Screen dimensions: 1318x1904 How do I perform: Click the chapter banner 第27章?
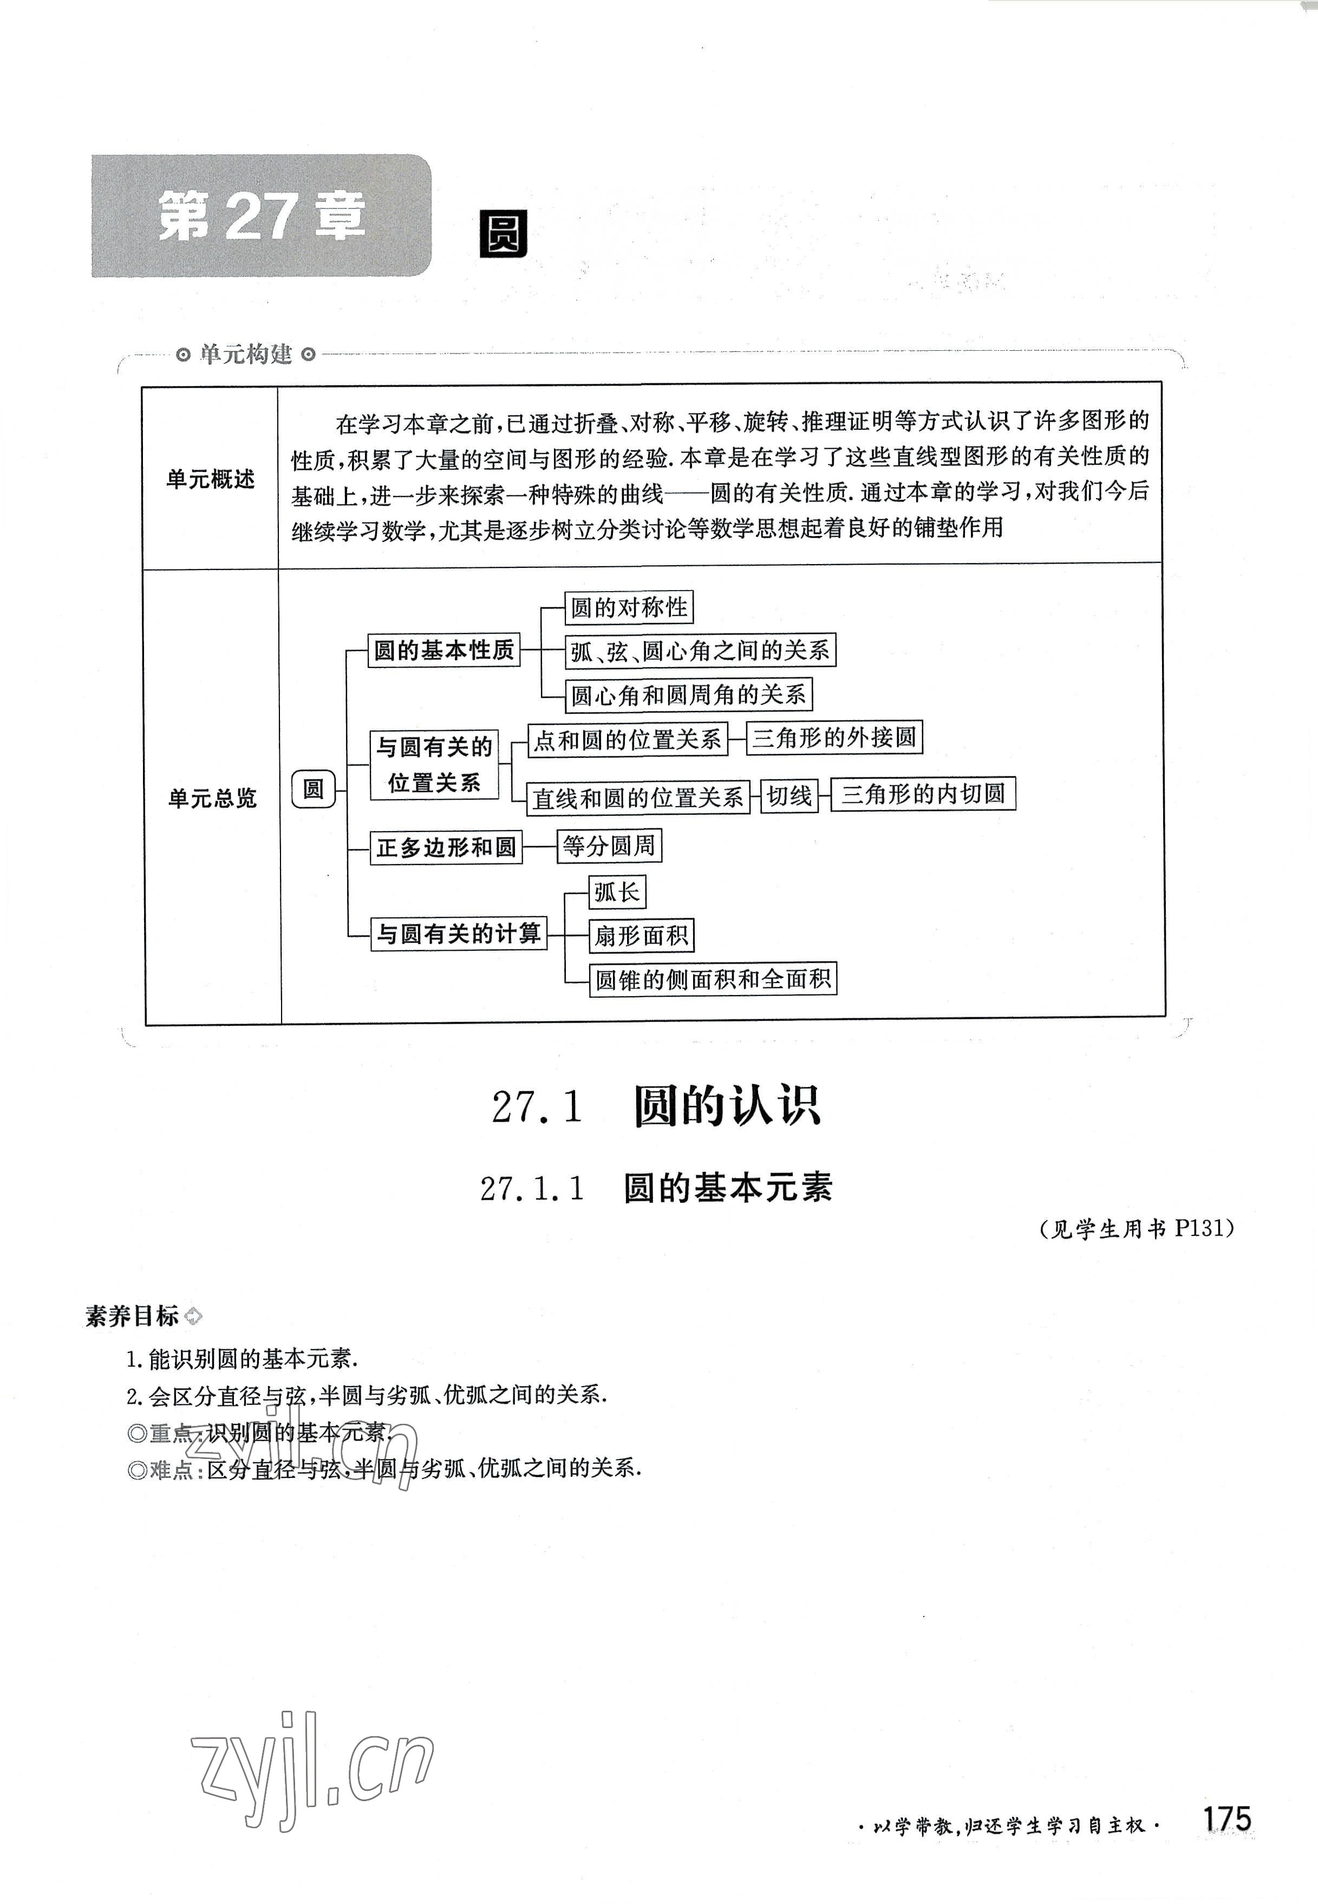pyautogui.click(x=261, y=217)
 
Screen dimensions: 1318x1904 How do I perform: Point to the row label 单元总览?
pyautogui.click(x=212, y=797)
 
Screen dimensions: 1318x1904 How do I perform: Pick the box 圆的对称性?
pyautogui.click(x=629, y=608)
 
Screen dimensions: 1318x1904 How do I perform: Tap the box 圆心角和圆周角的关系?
pyautogui.click(x=688, y=695)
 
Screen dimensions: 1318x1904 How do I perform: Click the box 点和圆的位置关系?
pyautogui.click(x=627, y=739)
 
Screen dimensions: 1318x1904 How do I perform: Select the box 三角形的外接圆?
pyautogui.click(x=834, y=737)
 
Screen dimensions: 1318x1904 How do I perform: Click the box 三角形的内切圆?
pyautogui.click(x=922, y=794)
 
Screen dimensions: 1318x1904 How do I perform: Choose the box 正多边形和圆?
pyautogui.click(x=446, y=847)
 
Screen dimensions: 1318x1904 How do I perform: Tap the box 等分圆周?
pyautogui.click(x=609, y=846)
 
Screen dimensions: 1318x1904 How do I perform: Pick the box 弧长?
pyautogui.click(x=616, y=892)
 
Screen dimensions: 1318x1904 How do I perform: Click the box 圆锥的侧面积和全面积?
pyautogui.click(x=713, y=979)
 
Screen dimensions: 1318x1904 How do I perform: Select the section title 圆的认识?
pyautogui.click(x=727, y=1107)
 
